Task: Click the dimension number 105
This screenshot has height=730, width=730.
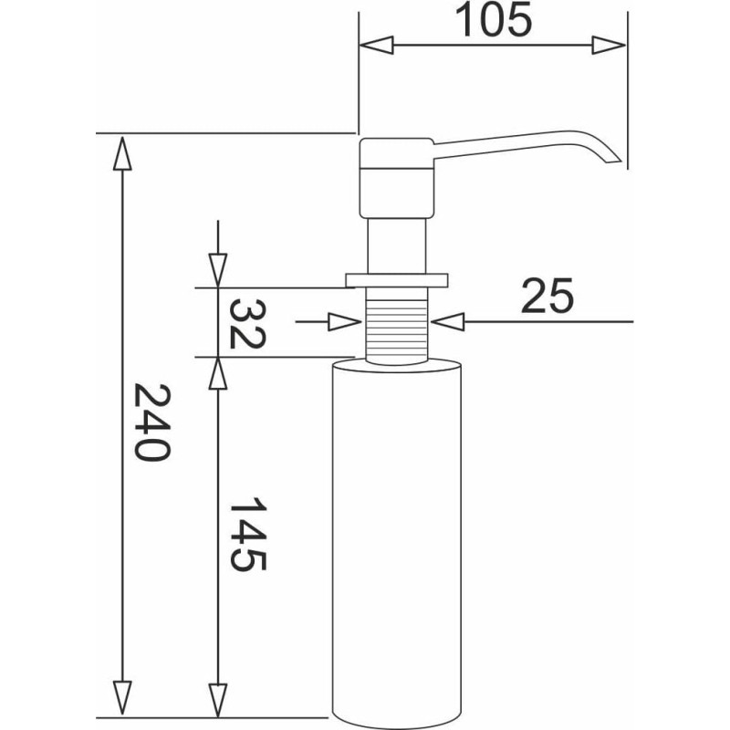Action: (x=493, y=19)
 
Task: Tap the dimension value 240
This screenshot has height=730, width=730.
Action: (x=152, y=422)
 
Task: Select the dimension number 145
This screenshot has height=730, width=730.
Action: (x=247, y=534)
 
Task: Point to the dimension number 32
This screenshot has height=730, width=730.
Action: (x=247, y=324)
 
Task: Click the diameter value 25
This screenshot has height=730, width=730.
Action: (x=547, y=296)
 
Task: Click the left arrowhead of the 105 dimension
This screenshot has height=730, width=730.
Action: (x=376, y=45)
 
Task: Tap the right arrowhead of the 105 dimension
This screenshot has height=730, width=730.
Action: (x=609, y=45)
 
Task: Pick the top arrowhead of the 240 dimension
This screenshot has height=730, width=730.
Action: (x=122, y=153)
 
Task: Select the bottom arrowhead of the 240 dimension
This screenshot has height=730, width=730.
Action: (x=122, y=698)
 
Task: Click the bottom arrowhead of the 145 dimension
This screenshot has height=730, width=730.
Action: (x=218, y=700)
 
